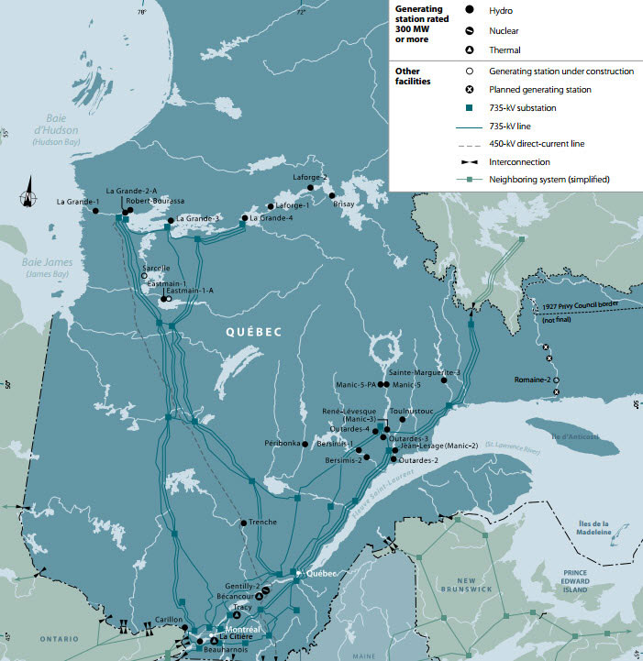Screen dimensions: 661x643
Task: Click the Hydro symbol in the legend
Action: click(470, 9)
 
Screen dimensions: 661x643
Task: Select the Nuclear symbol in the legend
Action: click(470, 29)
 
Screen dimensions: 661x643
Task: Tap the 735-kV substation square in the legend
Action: click(470, 107)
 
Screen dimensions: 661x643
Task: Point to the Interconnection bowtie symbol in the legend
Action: click(470, 161)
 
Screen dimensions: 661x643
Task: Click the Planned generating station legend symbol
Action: click(470, 89)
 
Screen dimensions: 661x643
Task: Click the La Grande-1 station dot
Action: click(96, 211)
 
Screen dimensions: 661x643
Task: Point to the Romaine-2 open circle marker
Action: click(556, 380)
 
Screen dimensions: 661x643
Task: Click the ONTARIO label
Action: click(39, 638)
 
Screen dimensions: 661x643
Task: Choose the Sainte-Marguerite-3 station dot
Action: click(445, 380)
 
